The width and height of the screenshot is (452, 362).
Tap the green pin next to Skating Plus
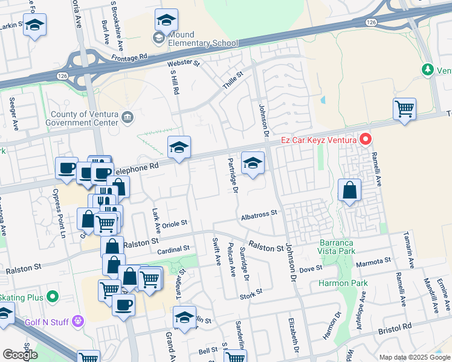coord(53,297)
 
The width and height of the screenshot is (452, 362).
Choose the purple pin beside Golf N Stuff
coord(77,322)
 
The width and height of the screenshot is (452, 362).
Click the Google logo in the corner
coord(20,355)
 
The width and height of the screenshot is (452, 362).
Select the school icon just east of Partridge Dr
coord(253,162)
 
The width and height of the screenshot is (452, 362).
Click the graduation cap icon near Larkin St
coord(34,25)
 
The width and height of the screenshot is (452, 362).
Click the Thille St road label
coord(232,81)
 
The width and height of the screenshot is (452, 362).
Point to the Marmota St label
coord(373,262)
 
